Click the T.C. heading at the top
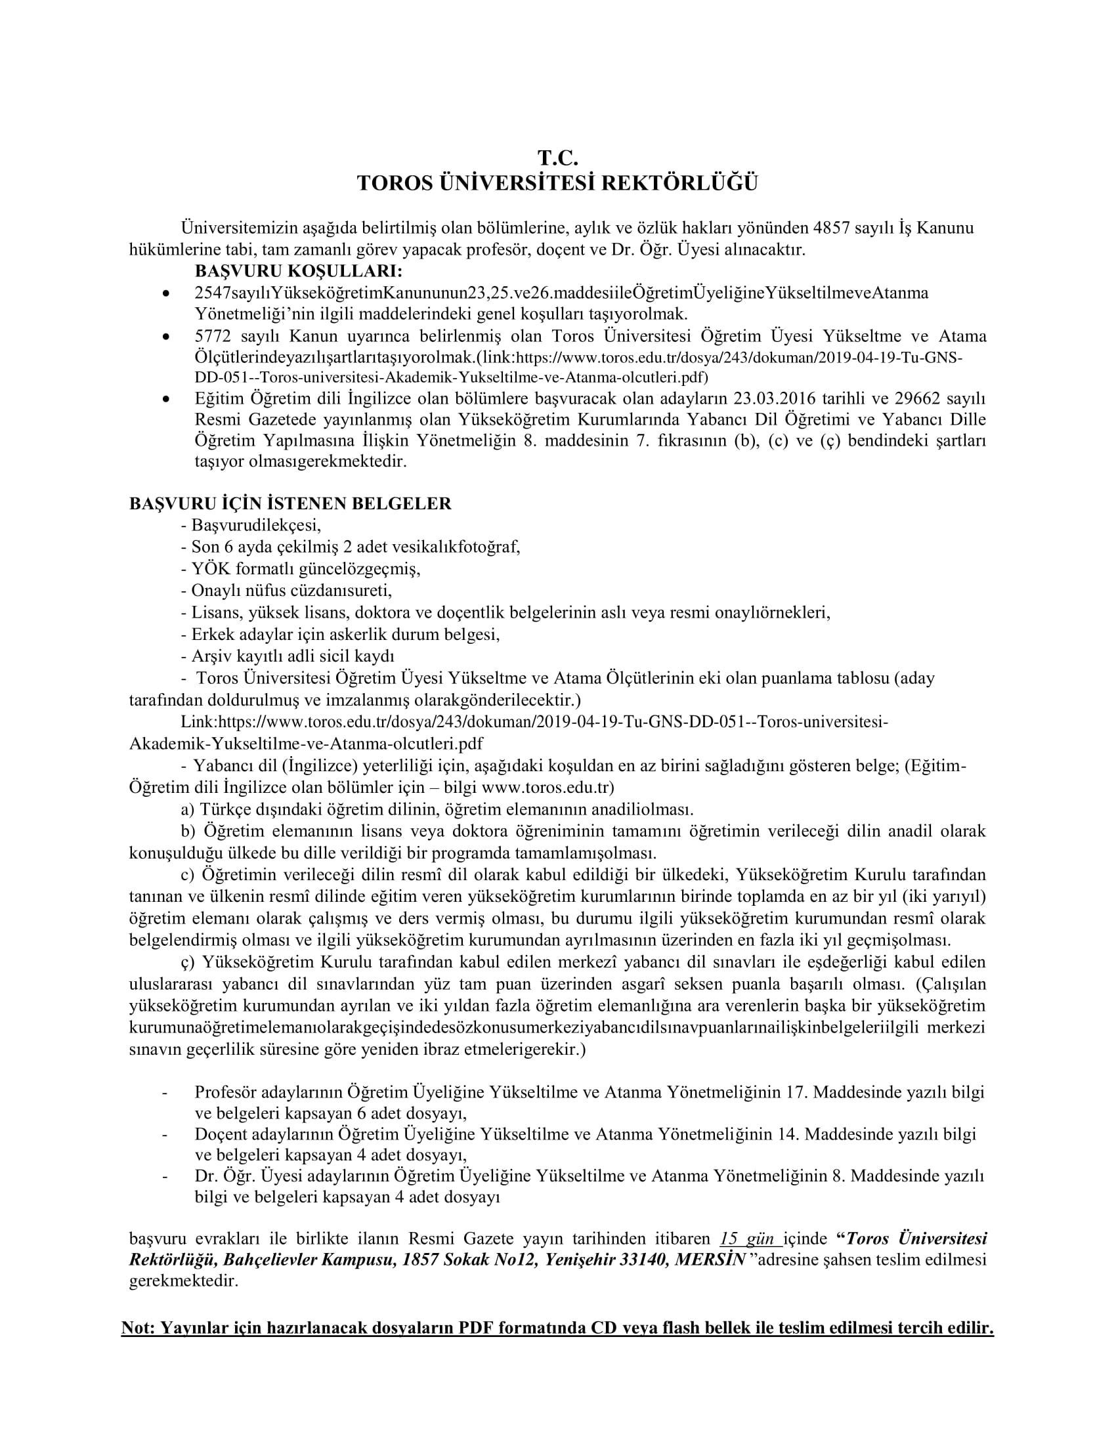click(557, 158)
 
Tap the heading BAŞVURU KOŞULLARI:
click(298, 271)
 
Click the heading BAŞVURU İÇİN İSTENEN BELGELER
click(290, 503)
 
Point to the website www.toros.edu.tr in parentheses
click(546, 788)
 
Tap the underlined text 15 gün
click(748, 1239)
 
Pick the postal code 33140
click(643, 1260)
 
